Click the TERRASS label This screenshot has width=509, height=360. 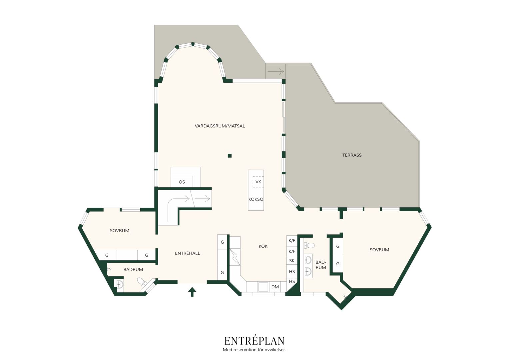click(x=352, y=155)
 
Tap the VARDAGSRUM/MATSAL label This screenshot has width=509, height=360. click(x=220, y=126)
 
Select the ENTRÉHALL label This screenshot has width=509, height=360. click(x=188, y=253)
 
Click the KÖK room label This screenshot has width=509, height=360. click(x=263, y=246)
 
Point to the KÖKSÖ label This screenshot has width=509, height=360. click(x=256, y=199)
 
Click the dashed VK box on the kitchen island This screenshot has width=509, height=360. click(x=258, y=182)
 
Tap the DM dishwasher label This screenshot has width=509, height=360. click(x=275, y=287)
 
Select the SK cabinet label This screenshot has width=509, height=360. click(x=292, y=261)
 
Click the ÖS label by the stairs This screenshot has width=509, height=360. click(x=182, y=182)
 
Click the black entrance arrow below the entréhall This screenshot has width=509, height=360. click(x=192, y=292)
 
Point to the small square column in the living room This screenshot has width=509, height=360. click(x=230, y=156)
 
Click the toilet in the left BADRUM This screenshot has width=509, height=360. click(x=142, y=282)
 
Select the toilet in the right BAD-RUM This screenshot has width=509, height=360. click(x=309, y=245)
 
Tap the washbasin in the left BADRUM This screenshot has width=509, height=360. click(x=120, y=284)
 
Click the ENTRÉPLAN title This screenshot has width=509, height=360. click(x=254, y=341)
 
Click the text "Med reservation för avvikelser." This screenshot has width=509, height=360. click(x=254, y=350)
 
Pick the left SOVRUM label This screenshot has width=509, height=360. click(x=120, y=231)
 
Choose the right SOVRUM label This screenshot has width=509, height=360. click(x=379, y=250)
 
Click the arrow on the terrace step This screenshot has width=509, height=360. click(x=275, y=71)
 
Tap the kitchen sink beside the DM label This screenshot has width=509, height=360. click(x=263, y=287)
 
